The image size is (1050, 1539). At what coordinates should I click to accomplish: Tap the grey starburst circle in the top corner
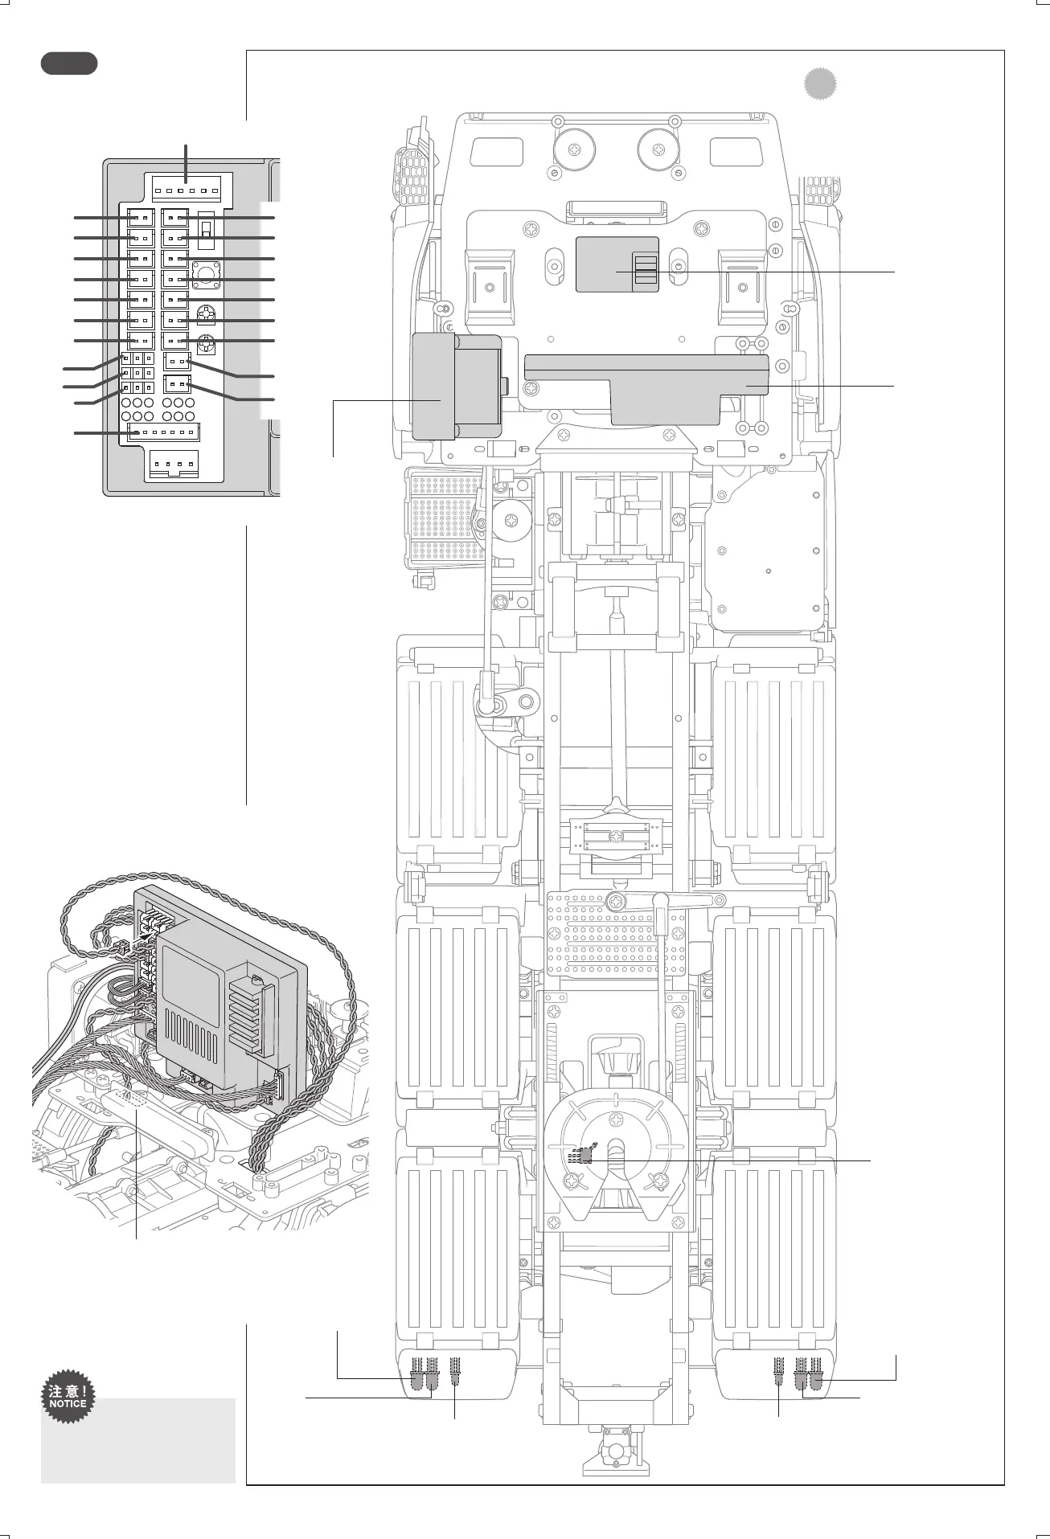819,84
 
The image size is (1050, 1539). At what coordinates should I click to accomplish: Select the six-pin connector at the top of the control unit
187,190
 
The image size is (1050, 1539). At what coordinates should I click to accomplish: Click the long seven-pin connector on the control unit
164,432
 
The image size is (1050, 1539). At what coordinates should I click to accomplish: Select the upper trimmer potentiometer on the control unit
207,312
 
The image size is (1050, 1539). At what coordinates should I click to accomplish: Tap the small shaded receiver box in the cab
617,264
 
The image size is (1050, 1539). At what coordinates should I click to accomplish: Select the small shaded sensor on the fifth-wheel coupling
584,1155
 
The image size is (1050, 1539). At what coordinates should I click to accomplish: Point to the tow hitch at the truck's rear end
615,1451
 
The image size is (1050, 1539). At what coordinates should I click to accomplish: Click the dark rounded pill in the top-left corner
69,63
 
